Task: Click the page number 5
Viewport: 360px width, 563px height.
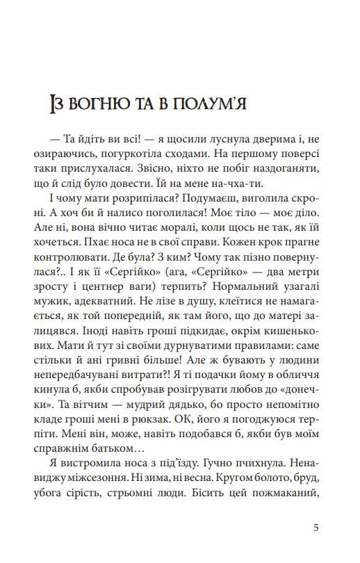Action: [x=316, y=526]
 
